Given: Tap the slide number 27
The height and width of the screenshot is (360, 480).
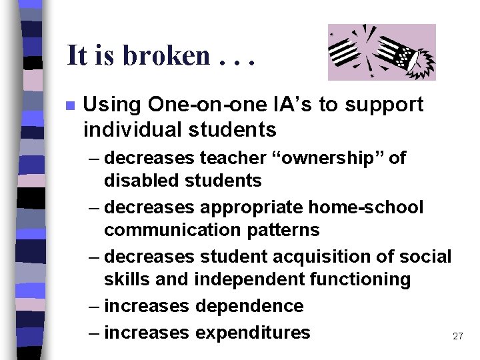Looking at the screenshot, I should point(457,337).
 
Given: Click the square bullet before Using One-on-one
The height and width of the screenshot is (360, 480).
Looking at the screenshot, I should point(70,105).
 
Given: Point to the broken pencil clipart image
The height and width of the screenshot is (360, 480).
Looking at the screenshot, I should point(381,52).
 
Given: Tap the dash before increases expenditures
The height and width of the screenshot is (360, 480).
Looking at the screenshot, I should point(95,332).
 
